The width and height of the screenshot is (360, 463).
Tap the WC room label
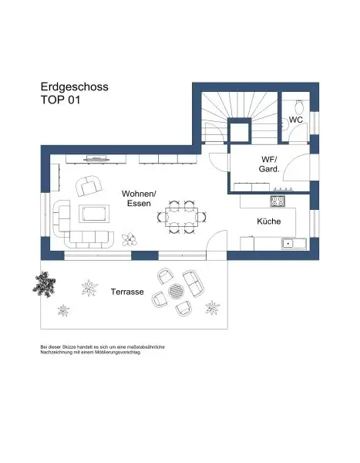pos(295,120)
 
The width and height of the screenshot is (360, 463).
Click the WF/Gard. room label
pos(269,164)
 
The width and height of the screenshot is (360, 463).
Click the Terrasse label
pos(126,292)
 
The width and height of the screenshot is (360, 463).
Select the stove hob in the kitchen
pos(278,201)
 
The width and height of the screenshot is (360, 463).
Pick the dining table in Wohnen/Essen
pos(182,217)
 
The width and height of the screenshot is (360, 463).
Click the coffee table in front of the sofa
pos(94,215)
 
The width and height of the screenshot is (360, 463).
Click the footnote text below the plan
pos(102,349)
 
